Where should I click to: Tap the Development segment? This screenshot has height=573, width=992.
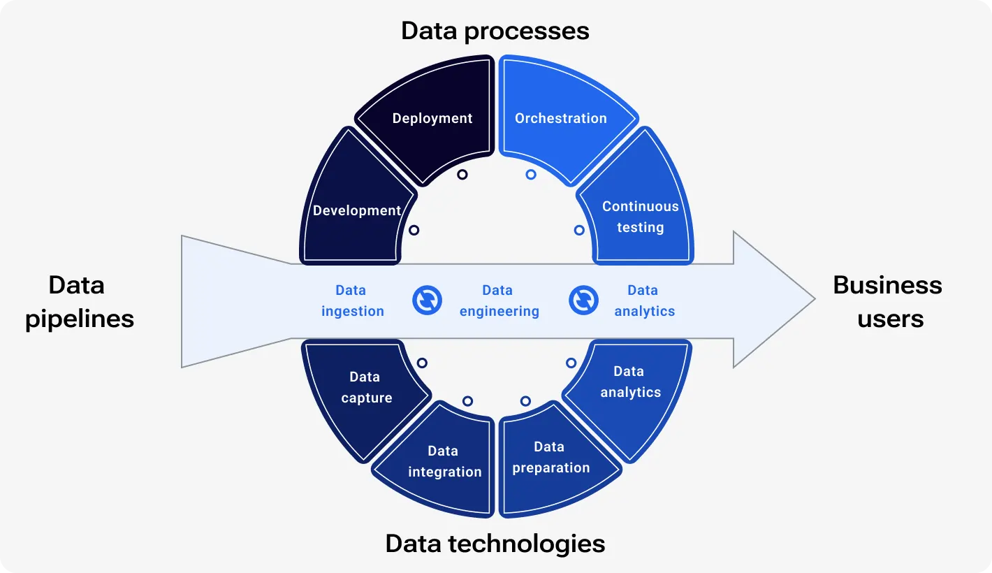(356, 210)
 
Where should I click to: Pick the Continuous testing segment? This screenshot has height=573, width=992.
(640, 217)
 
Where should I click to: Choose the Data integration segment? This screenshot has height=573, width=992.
(444, 462)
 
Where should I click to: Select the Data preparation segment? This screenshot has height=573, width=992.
(550, 458)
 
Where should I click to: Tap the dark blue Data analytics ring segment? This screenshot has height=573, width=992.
(629, 382)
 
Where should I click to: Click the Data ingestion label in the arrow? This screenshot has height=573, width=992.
(352, 301)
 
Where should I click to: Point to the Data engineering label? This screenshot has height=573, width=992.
(499, 301)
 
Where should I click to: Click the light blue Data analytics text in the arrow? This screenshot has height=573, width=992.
(644, 301)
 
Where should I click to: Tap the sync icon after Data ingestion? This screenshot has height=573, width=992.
(427, 300)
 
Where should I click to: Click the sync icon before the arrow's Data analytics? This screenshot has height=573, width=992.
(583, 300)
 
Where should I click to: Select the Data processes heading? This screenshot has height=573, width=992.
(495, 31)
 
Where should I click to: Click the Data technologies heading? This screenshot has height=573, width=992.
(495, 543)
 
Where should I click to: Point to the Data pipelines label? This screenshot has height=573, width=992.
(79, 302)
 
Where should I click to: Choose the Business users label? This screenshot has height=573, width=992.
(888, 302)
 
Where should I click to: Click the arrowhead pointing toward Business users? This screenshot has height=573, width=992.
(775, 299)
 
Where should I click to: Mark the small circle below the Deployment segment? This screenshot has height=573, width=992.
(462, 175)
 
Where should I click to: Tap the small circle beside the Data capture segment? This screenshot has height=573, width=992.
(422, 363)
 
